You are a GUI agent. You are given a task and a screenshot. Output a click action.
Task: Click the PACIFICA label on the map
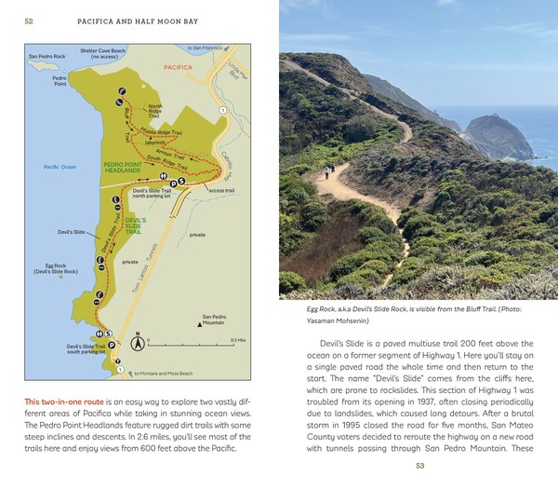coord(178,68)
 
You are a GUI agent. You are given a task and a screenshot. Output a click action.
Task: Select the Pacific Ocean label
coord(58,167)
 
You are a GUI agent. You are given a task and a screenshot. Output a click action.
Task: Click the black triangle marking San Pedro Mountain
coord(202,325)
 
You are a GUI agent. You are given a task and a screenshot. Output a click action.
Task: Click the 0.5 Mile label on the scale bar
coord(237,340)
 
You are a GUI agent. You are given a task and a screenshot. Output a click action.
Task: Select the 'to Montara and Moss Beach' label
coord(164,374)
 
